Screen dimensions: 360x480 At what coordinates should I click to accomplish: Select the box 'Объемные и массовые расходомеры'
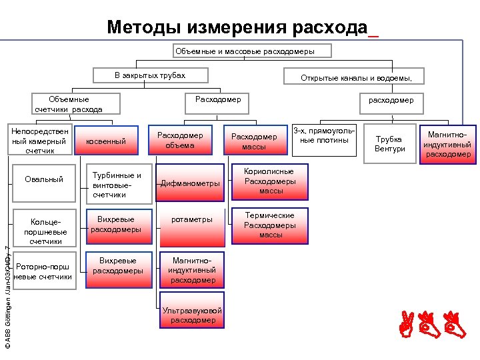coord(244,51)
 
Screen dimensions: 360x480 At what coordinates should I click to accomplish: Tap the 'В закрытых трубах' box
coord(149,76)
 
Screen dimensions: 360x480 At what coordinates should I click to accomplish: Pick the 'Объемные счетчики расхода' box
coord(69,103)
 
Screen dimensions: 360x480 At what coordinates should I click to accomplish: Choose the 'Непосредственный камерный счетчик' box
coord(39,141)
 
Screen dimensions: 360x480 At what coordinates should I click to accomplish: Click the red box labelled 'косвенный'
coord(107,141)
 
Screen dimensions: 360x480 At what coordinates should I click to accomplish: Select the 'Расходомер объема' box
coord(180,141)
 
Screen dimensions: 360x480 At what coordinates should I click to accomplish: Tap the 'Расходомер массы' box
coord(253,141)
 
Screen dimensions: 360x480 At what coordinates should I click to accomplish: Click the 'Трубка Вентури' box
coord(390,143)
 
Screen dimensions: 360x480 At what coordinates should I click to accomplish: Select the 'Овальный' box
coord(44,179)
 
